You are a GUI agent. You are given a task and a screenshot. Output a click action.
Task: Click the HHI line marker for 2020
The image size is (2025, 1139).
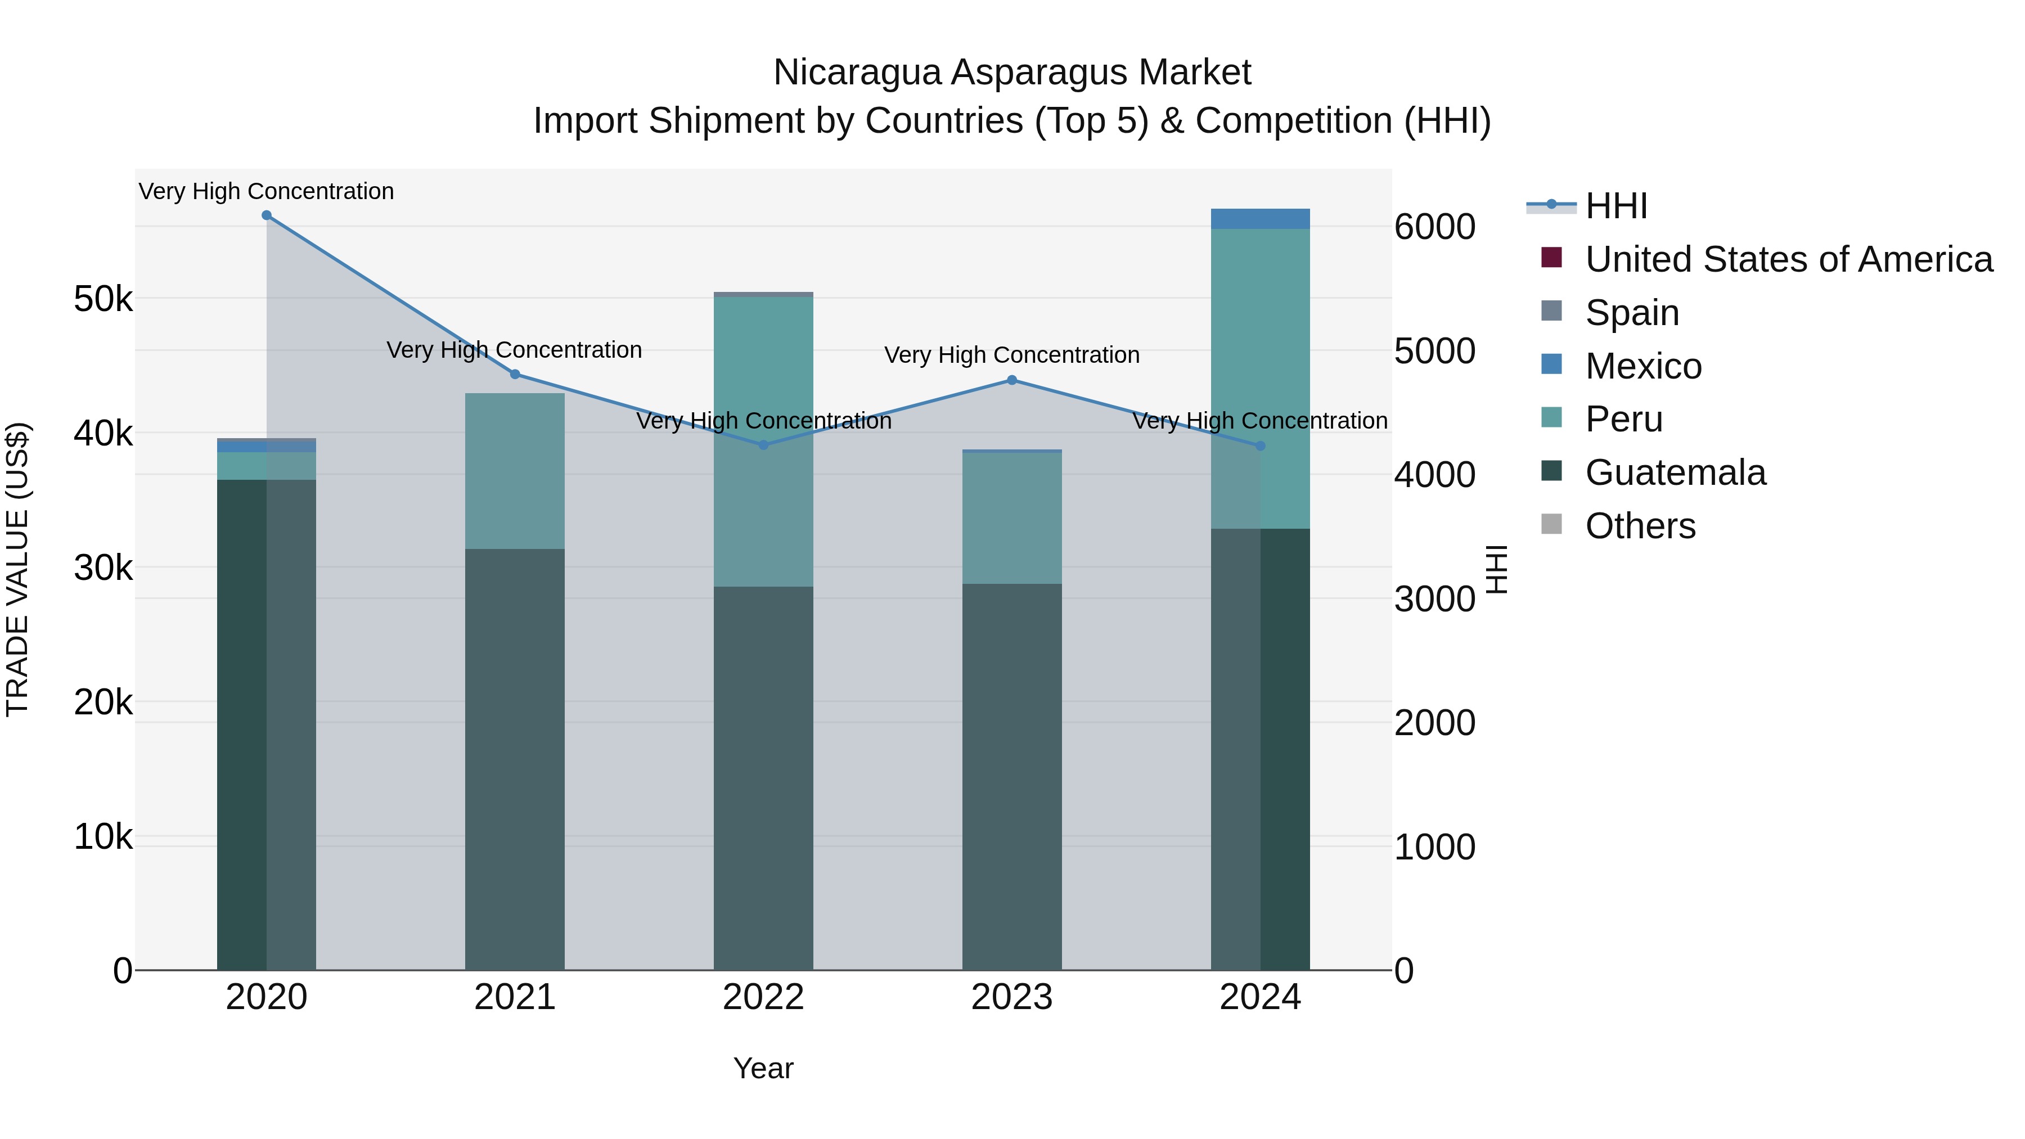267,215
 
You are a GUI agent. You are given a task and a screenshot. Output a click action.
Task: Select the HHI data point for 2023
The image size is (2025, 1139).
1012,380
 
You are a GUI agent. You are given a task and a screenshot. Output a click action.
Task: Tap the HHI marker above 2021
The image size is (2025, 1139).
515,374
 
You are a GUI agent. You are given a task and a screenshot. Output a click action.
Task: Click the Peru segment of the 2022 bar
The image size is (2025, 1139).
763,440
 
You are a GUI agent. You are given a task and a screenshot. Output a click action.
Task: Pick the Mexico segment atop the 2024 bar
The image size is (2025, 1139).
1260,219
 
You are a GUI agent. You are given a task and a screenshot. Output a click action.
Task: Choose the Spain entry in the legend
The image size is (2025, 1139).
1632,313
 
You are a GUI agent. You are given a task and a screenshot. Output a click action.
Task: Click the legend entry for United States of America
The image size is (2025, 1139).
1788,259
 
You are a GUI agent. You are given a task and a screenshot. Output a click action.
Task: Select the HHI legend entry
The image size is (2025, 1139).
1616,206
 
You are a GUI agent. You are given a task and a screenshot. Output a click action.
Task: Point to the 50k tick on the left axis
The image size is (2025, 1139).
103,299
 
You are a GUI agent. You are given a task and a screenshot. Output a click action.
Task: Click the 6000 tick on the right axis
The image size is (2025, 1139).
1434,227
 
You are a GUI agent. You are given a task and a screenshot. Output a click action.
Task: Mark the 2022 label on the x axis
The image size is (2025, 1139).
763,997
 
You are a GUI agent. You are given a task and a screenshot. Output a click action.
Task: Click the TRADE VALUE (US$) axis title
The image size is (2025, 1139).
18,569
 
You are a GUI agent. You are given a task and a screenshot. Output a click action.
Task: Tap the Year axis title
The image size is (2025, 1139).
763,1068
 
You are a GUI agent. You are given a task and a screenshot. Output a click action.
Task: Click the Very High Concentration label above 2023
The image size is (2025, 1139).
1012,355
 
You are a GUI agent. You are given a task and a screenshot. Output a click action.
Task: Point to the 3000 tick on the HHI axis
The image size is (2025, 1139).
1434,599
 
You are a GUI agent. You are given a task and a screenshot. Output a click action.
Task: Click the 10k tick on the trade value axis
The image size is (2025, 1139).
103,837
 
